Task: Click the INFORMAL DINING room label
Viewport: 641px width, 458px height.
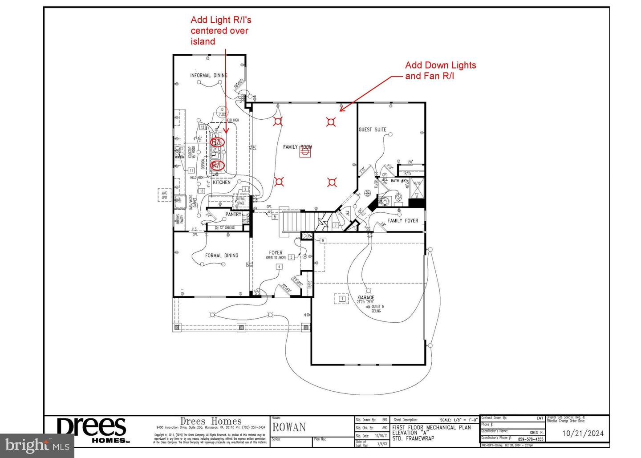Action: (208, 75)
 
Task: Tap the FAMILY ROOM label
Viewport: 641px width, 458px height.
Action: (297, 146)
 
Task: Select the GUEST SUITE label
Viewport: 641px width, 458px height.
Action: (373, 130)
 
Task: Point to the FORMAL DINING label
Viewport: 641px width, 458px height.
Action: (221, 255)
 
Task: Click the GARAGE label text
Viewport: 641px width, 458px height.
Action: (366, 297)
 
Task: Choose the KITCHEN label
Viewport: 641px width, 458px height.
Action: (221, 182)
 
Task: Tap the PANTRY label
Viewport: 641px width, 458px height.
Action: (233, 214)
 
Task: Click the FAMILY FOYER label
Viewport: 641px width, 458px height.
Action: (403, 220)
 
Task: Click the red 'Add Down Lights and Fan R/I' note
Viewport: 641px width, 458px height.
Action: (440, 70)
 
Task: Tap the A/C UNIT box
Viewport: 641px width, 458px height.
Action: (164, 195)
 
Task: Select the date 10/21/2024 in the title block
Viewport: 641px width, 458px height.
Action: (583, 433)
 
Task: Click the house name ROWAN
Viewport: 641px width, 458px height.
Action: (289, 428)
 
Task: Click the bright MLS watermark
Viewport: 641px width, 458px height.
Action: (37, 445)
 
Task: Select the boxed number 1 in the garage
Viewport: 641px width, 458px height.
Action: (342, 299)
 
